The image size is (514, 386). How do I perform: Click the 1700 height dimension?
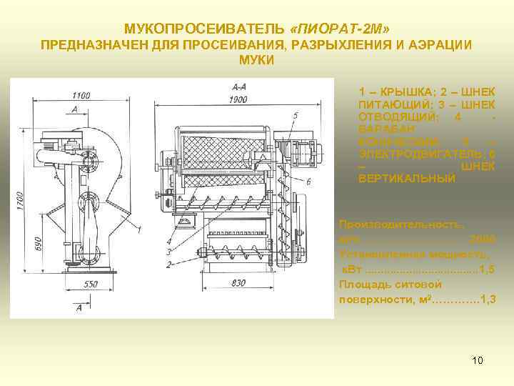(21, 202)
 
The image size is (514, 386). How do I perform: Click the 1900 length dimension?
(238, 98)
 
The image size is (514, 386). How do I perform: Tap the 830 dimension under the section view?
(239, 284)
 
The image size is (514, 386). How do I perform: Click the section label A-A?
(239, 87)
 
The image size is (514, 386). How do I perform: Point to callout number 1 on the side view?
(140, 229)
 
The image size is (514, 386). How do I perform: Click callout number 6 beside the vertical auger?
(308, 182)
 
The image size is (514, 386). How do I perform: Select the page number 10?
(478, 360)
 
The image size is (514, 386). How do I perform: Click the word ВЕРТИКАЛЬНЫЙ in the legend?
(406, 178)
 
